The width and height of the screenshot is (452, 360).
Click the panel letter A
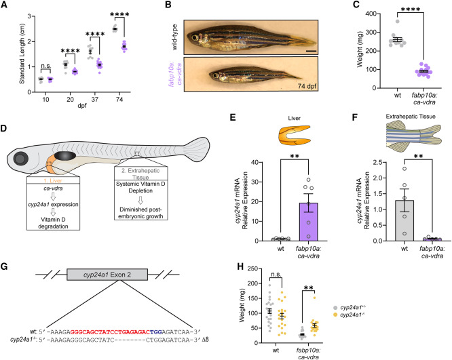coord(4,5)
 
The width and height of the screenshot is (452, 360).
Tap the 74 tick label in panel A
coord(119,100)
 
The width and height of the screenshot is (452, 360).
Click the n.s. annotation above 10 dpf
coord(45,66)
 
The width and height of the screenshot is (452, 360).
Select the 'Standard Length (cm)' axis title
coord(22,54)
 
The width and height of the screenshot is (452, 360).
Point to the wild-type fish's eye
coord(195,37)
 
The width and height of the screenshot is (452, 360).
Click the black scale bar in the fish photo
coord(312,52)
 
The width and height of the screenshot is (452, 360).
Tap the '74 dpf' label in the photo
coord(307,86)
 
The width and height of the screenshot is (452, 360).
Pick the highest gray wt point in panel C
coord(397,21)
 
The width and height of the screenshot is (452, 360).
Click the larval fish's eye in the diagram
coord(21,159)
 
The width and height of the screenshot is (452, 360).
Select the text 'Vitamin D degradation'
coord(53,223)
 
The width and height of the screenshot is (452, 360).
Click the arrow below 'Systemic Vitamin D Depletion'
coord(140,200)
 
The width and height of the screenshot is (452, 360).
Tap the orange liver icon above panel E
coord(295,134)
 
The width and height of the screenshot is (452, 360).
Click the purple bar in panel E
coord(308,222)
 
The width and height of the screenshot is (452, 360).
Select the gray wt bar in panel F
coord(404,220)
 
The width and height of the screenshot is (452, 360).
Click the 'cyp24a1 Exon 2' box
coord(107,275)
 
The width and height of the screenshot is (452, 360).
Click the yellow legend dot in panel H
coord(335,315)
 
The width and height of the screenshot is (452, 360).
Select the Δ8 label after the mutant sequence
coord(206,339)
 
